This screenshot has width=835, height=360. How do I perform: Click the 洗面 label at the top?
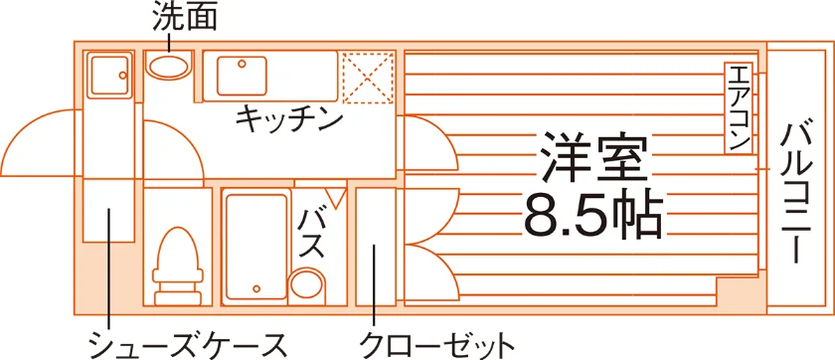[184, 18]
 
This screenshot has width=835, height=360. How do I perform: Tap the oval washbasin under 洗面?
[168, 67]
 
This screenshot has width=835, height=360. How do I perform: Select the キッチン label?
[289, 120]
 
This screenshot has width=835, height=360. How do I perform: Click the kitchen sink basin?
[242, 76]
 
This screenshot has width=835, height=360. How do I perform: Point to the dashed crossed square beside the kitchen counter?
[368, 79]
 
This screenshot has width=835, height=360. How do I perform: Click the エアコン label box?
[738, 107]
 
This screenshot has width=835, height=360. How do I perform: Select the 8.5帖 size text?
[593, 216]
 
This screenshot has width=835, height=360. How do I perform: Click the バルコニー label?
[796, 193]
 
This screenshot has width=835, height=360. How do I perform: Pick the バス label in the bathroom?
[311, 234]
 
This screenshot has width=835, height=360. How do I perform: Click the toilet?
[178, 266]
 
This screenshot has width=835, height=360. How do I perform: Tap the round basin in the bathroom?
[307, 287]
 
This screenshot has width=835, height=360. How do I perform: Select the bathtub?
[256, 247]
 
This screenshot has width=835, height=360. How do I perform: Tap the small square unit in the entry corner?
[109, 76]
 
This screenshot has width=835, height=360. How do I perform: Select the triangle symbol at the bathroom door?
[335, 197]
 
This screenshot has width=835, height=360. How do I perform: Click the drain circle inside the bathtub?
[256, 289]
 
